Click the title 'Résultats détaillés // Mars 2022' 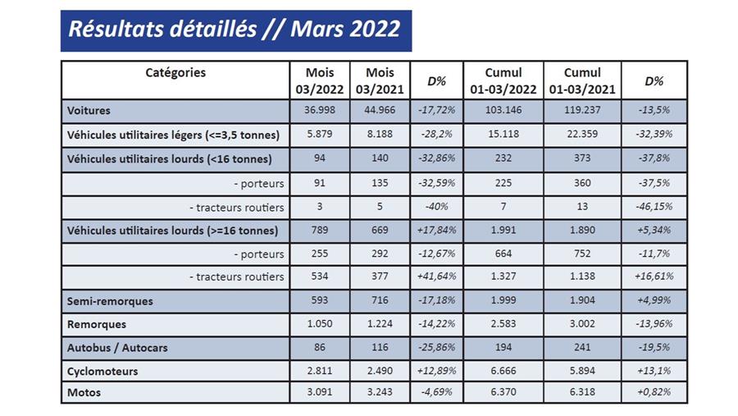(x=235, y=30)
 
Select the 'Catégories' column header (x=175, y=72)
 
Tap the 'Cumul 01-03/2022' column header (x=503, y=80)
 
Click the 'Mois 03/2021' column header (x=380, y=80)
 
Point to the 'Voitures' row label (x=90, y=110)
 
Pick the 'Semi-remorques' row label (x=110, y=301)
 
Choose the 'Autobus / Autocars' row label (x=118, y=348)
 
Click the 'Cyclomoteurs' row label (x=102, y=371)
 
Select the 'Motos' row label (x=84, y=393)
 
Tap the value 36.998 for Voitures (x=319, y=110)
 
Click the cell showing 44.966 (x=380, y=110)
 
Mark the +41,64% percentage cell (x=436, y=277)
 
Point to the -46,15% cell (x=654, y=206)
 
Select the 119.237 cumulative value (x=582, y=110)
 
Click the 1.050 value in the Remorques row (x=319, y=324)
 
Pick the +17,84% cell (x=436, y=230)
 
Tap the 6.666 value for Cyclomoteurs (x=503, y=371)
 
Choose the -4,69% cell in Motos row (x=436, y=393)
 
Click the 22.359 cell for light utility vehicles (x=582, y=135)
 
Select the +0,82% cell (x=654, y=393)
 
